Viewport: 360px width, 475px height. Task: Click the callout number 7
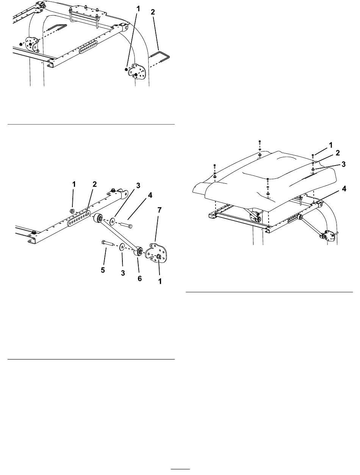pos(159,210)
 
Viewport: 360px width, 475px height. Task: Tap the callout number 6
pos(139,278)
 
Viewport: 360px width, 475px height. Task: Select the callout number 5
pos(103,270)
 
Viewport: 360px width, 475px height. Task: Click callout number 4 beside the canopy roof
pos(344,189)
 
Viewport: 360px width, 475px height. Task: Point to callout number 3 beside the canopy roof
pos(344,164)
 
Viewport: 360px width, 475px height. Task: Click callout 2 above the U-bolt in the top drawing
pos(153,12)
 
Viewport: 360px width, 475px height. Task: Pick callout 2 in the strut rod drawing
pos(95,184)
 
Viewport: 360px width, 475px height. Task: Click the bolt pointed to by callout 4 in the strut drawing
pos(126,225)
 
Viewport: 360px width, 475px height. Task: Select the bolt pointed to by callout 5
pos(107,242)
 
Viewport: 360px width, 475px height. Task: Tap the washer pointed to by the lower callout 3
pos(122,247)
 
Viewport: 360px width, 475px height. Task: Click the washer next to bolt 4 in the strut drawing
pos(113,221)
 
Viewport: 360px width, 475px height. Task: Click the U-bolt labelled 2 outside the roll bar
pos(160,56)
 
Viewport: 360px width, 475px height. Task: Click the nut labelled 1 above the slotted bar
pos(72,211)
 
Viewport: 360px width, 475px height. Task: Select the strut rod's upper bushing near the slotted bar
pos(98,217)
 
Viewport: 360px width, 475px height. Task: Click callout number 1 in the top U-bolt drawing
pos(138,9)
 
